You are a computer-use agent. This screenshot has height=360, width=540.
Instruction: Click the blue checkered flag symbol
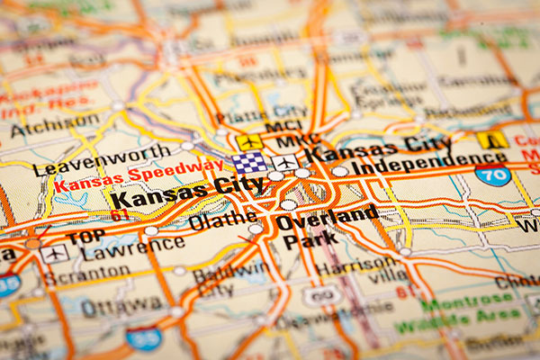pos(250,163)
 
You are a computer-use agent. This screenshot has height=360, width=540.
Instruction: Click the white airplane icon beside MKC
pos(286,163)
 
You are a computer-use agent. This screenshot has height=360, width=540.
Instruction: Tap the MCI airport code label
pos(281,128)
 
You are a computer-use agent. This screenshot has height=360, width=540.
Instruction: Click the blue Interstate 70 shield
pos(493,173)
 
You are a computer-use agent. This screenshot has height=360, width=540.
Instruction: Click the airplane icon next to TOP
pos(54,254)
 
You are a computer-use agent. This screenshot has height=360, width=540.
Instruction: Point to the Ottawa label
pos(114,306)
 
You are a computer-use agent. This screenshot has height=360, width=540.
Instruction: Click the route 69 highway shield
pos(322,294)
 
